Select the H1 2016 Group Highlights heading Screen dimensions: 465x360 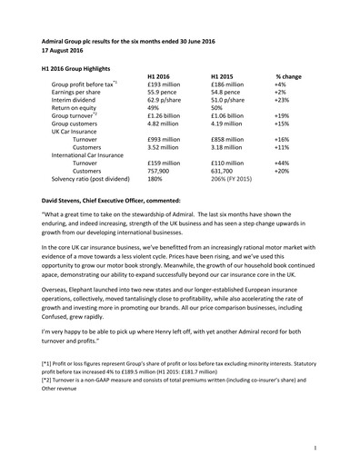(x=83, y=68)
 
